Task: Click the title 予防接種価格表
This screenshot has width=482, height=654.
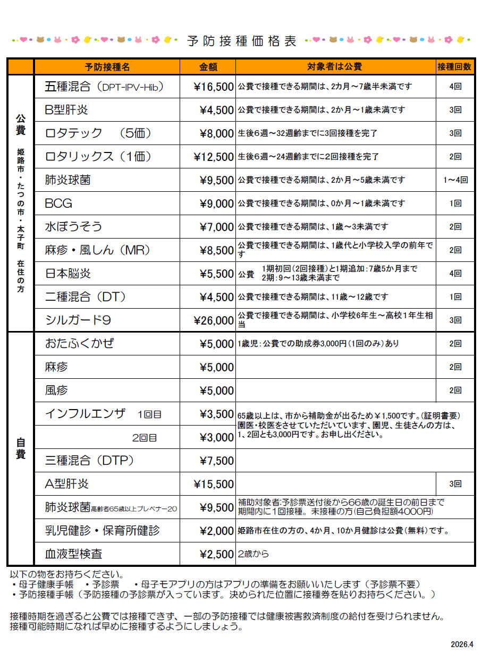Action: [x=242, y=41]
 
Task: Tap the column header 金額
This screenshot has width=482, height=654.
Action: [x=208, y=67]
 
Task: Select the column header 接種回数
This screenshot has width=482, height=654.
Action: [x=454, y=67]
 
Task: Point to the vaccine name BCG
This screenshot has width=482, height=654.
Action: [x=58, y=203]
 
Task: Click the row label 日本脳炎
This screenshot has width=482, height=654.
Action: [x=67, y=274]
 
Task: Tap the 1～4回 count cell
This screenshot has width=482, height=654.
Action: [x=455, y=180]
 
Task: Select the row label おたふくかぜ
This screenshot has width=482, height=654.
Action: [x=80, y=344]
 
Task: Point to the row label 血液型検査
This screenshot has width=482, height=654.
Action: [x=73, y=554]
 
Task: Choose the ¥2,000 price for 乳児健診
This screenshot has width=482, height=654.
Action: [x=216, y=531]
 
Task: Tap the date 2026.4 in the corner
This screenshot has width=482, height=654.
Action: [x=461, y=644]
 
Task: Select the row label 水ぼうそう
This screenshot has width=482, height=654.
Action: [x=73, y=227]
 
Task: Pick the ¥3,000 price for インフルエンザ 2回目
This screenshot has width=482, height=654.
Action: [x=216, y=437]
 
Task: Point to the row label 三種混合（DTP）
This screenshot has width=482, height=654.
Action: [x=89, y=461]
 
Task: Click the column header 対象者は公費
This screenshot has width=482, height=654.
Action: [x=334, y=67]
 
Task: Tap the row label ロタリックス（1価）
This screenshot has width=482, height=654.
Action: [x=98, y=157]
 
